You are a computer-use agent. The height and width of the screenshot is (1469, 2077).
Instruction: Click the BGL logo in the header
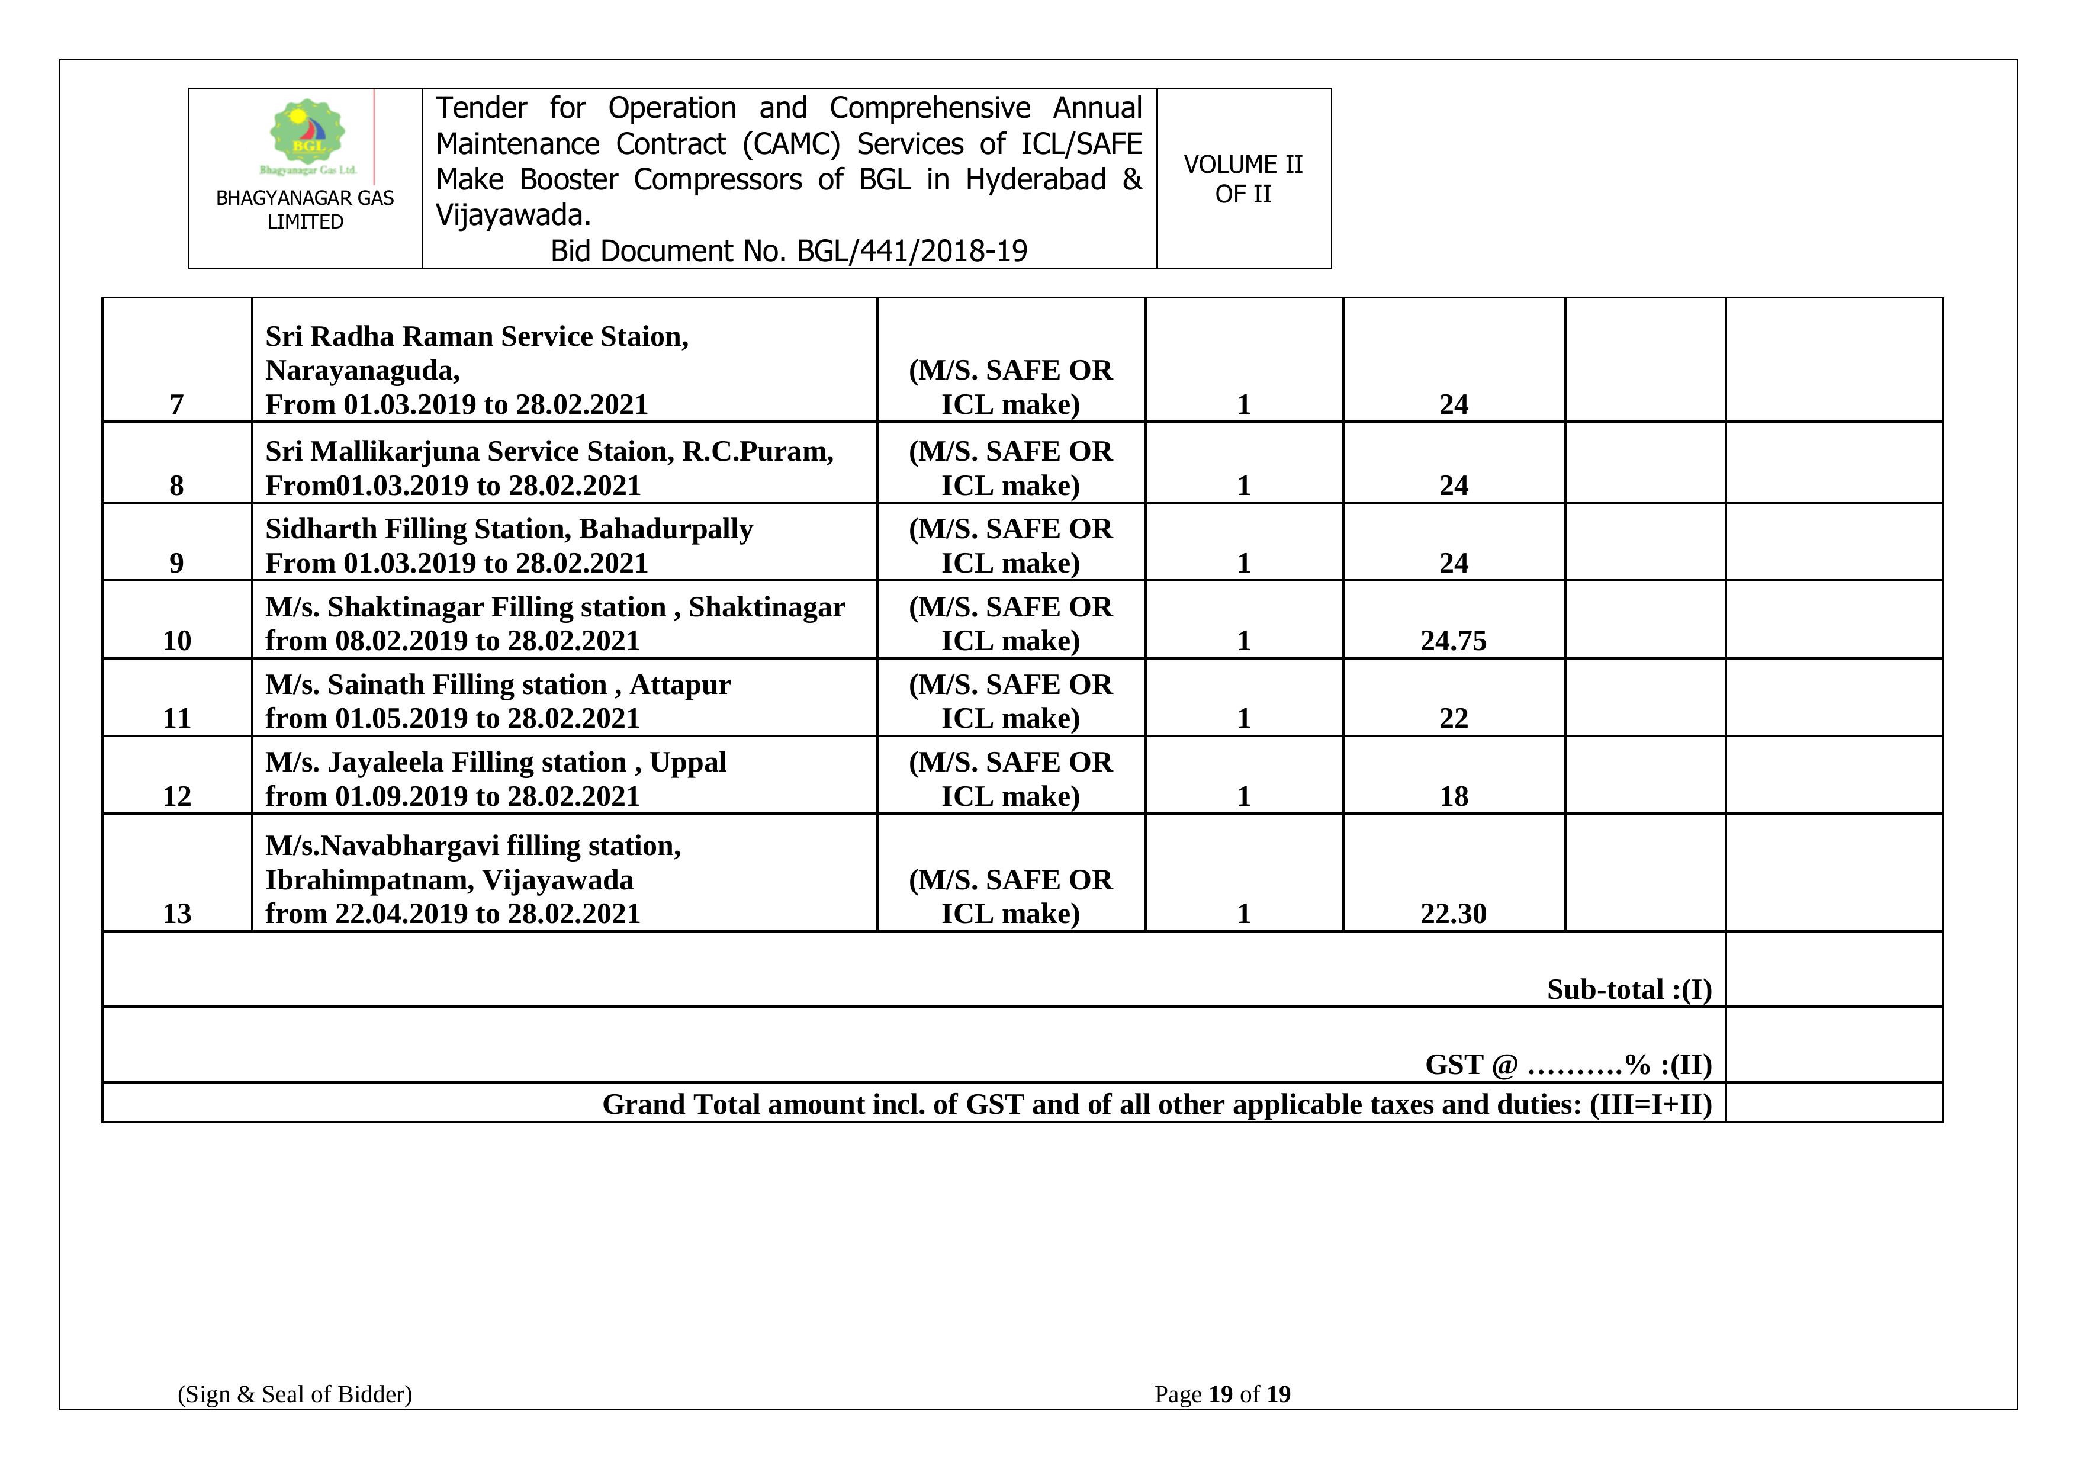307,136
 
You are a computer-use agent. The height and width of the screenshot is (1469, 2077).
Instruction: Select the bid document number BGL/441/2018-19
912,250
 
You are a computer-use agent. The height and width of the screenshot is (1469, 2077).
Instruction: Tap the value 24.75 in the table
1453,641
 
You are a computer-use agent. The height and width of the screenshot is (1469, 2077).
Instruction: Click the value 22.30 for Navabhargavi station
1453,914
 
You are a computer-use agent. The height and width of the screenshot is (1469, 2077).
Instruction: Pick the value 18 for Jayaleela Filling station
1453,796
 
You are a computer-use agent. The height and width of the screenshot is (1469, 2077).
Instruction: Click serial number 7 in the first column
176,404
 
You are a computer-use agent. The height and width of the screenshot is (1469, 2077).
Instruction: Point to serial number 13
176,914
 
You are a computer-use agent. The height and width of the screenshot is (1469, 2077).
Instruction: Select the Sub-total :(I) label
1628,989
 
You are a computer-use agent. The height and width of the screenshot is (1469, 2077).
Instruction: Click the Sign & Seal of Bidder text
295,1394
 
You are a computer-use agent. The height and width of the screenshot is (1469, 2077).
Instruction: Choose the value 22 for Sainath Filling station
1453,718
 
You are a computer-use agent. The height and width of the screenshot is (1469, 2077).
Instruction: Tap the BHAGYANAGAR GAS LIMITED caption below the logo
305,210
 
